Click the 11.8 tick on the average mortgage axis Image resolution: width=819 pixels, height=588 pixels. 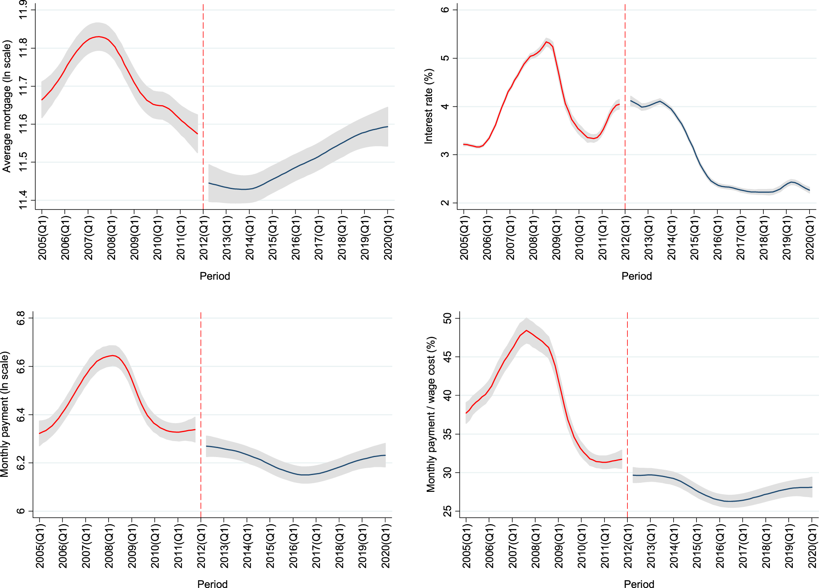coord(23,48)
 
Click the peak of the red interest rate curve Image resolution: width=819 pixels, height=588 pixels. coord(546,42)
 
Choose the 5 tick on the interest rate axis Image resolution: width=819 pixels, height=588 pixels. coord(445,58)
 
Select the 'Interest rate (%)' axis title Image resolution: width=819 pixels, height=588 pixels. coord(428,106)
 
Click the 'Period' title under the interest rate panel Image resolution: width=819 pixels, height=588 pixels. coord(636,276)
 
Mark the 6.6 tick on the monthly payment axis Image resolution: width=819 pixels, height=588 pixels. coord(20,366)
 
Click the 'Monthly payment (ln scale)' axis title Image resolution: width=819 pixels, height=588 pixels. coord(5,414)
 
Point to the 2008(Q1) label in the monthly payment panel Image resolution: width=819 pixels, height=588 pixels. coord(109,546)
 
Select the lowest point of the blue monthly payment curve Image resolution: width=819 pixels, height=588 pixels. coord(305,475)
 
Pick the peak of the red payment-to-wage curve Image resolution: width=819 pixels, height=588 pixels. coord(526,330)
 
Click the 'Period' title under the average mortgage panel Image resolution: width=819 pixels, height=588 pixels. coord(215,276)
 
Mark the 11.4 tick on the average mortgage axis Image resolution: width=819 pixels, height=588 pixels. coord(23,200)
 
